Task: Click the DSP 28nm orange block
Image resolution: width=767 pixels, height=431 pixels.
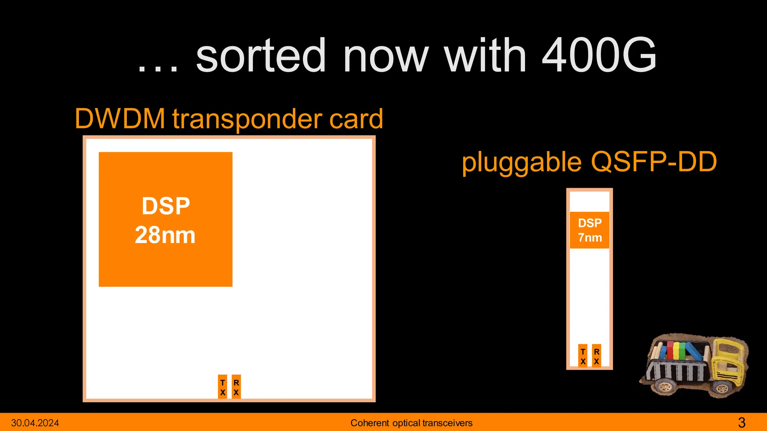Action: [165, 220]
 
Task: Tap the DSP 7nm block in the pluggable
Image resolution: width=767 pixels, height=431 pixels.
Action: [589, 230]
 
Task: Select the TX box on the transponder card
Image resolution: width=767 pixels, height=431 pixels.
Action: [222, 387]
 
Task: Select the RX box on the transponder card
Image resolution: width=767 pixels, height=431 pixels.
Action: [236, 387]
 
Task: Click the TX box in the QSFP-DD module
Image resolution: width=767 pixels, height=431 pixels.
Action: [583, 356]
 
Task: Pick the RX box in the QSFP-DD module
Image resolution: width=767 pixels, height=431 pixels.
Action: [596, 356]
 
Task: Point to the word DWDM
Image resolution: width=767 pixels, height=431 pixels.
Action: [120, 119]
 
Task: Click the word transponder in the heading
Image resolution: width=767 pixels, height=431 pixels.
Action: [247, 119]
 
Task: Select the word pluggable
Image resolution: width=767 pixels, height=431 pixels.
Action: [521, 162]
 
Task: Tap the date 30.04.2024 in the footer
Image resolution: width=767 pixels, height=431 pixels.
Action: [35, 423]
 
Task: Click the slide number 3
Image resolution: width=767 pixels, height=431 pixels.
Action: [742, 423]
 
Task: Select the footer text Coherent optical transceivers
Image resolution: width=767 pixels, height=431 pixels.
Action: [411, 423]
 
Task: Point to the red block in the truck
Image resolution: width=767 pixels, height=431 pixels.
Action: [670, 350]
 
